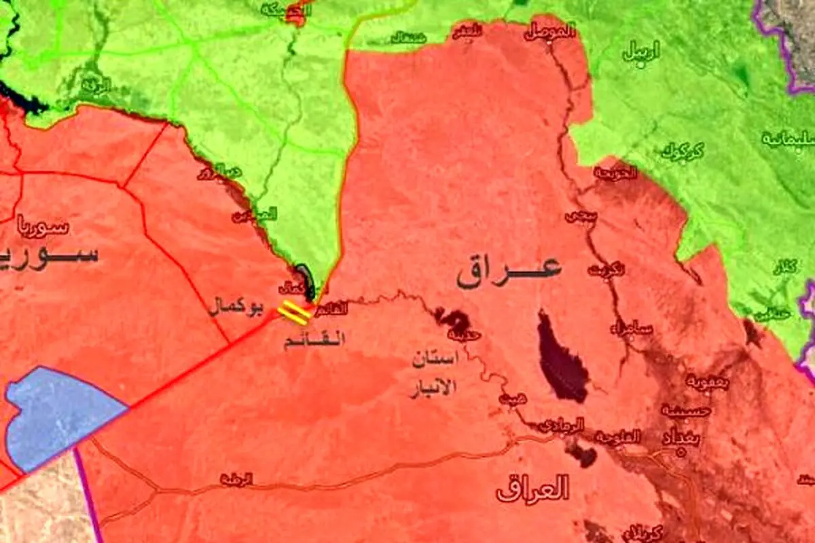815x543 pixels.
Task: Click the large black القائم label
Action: pos(314,339)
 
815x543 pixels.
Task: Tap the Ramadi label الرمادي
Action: pos(560,426)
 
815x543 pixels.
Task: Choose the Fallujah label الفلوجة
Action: pos(617,437)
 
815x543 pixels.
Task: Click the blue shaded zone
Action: pos(58,414)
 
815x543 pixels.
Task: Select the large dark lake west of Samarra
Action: pos(561,358)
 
